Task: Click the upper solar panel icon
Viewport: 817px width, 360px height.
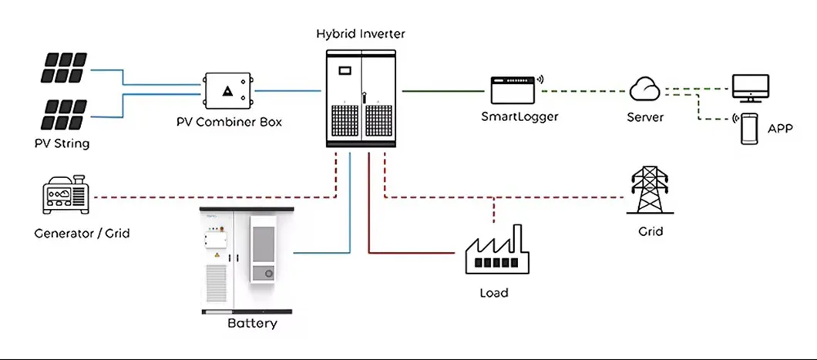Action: point(63,69)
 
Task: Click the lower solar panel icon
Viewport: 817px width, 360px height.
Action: point(63,113)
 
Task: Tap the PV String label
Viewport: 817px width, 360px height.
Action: point(62,143)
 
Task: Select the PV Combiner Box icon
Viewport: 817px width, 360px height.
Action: point(227,91)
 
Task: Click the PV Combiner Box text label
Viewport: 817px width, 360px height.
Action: point(227,123)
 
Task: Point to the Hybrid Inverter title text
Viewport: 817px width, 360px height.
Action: point(361,34)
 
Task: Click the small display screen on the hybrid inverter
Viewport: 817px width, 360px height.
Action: point(345,69)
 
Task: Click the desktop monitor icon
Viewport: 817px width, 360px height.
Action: point(749,88)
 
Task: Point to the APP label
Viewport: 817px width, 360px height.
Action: point(781,129)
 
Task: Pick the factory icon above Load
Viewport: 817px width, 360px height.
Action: point(493,254)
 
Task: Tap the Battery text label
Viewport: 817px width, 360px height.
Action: point(252,323)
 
